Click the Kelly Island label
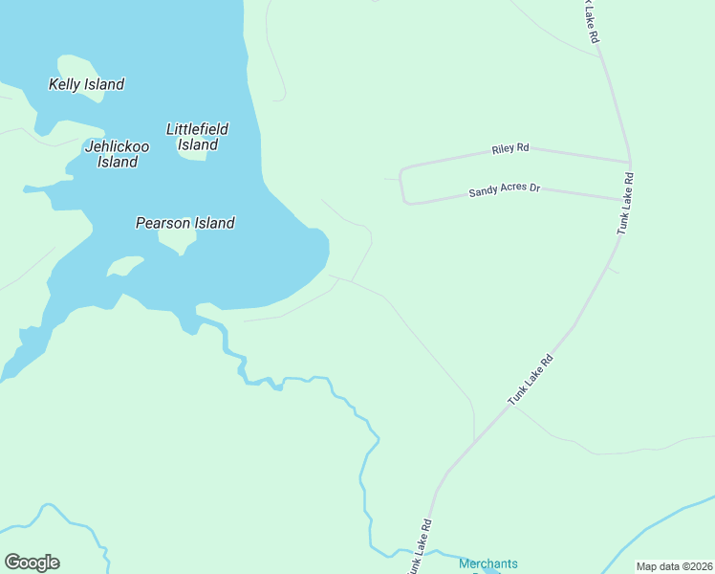coord(86,84)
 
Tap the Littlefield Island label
coord(197,137)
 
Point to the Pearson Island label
coord(184,223)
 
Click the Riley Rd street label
coord(509,149)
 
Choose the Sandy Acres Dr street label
coord(504,190)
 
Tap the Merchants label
coord(487,563)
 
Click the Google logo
coord(32,563)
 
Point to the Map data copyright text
coord(675,566)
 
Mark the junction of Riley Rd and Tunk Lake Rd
coord(629,162)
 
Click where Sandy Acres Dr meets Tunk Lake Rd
coord(624,199)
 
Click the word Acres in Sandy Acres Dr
coord(506,190)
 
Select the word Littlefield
coord(197,129)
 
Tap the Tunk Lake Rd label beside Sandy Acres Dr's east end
coord(625,203)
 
